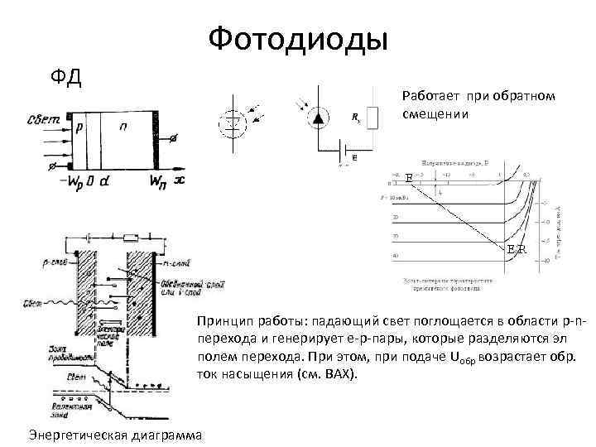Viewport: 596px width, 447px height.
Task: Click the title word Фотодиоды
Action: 297,38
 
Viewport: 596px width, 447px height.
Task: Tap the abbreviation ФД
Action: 65,78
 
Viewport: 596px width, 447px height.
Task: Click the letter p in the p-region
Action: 79,129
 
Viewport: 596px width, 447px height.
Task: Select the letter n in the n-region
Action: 123,129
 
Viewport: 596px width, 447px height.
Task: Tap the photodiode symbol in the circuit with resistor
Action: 317,118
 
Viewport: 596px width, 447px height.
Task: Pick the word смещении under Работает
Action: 435,113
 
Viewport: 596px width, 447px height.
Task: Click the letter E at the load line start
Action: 409,177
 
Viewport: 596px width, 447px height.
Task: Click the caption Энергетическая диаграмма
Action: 115,434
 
